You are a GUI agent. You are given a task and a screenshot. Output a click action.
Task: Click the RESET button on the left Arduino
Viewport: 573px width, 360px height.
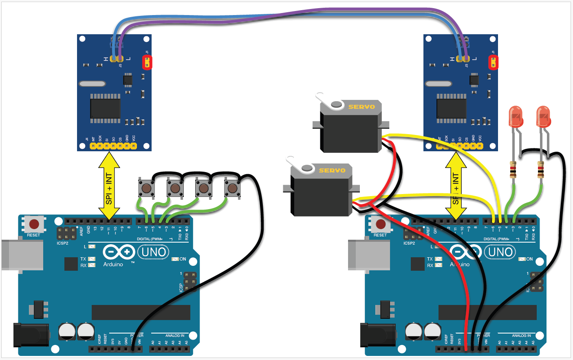click(34, 224)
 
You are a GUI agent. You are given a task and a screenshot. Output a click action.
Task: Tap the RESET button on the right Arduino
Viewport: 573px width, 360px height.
click(381, 224)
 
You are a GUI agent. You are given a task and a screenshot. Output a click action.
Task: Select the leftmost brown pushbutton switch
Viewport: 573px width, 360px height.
click(146, 188)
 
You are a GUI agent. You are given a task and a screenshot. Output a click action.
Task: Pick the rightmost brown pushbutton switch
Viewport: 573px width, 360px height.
click(232, 188)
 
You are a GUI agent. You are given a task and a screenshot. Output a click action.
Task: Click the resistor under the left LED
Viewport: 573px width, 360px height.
click(513, 170)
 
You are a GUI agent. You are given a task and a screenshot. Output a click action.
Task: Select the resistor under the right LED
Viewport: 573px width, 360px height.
click(540, 170)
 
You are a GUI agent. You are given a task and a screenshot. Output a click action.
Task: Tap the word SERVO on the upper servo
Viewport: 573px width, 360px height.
click(361, 107)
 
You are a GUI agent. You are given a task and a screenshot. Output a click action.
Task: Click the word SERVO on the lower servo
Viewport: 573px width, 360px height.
click(332, 170)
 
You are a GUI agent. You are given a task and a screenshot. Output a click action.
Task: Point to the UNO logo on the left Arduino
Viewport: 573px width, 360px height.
click(153, 252)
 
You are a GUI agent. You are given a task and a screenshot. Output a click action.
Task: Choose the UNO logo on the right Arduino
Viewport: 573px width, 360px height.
click(500, 252)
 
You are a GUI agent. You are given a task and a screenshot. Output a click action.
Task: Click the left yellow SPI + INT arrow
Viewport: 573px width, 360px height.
click(109, 186)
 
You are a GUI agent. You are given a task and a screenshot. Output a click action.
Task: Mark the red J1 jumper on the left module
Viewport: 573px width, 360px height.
click(147, 62)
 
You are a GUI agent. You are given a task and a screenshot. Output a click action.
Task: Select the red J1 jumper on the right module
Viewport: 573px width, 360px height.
click(493, 62)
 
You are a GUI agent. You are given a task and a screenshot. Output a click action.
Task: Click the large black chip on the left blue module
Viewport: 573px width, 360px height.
click(105, 108)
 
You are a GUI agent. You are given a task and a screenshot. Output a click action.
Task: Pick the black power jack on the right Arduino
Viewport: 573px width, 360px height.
click(377, 335)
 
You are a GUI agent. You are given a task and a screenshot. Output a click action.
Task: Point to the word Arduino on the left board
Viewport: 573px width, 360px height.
click(113, 265)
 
